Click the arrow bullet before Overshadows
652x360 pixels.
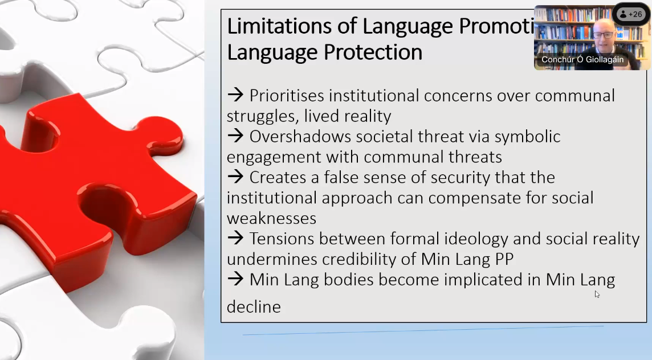[x=235, y=136]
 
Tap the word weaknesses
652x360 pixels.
[x=271, y=218]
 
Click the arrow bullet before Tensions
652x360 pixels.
[x=235, y=239]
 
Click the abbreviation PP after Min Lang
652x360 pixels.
[x=502, y=259]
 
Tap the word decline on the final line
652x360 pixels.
[x=254, y=307]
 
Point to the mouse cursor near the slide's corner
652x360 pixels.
[x=597, y=294]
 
